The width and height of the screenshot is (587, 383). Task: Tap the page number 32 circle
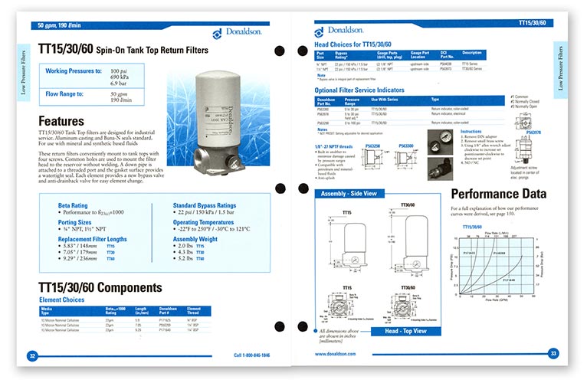(31, 355)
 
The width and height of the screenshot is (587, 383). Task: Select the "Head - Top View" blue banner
(405, 331)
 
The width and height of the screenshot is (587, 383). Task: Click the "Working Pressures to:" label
(74, 71)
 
